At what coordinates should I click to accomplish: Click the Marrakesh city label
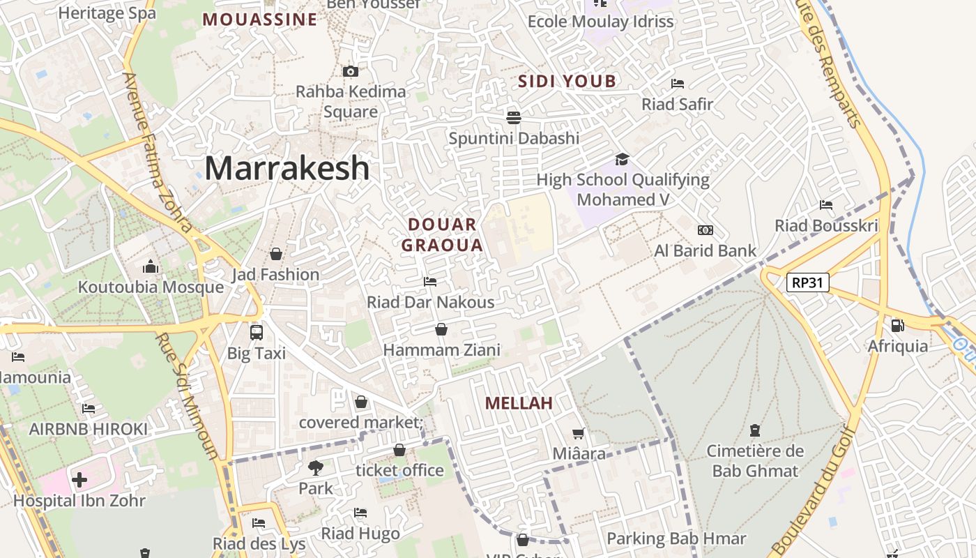coord(287,168)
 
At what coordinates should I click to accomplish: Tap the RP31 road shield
coord(807,282)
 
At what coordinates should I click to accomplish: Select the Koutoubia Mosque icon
coord(151,266)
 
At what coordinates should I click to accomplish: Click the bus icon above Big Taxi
coord(257,332)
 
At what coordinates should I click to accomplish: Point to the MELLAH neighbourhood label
coord(519,403)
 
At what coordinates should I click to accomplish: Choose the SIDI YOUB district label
coord(567,82)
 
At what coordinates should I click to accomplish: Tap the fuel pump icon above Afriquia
coord(897,325)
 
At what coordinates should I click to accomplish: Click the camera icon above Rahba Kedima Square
coord(351,71)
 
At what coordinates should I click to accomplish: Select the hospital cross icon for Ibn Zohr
coord(79,480)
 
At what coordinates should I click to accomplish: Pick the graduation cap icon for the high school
coord(622,159)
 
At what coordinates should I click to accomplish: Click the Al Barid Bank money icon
coord(706,230)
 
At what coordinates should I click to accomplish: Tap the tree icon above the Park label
coord(316,467)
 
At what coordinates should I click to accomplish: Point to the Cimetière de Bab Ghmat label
coord(755,461)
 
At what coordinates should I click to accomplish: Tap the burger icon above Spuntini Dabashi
coord(514,116)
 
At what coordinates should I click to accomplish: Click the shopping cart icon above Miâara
coord(579,433)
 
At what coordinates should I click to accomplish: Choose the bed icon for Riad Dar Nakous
coord(430,281)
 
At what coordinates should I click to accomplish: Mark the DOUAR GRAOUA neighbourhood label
coord(442,235)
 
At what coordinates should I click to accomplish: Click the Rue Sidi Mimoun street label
coord(188,395)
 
